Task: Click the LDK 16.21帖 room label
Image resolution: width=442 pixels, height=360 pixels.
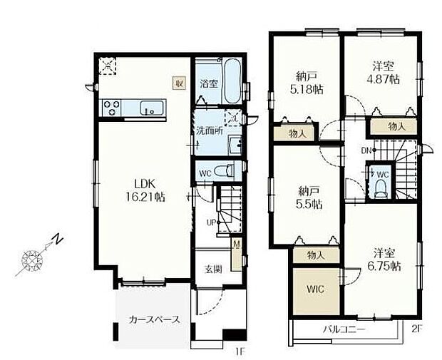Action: pos(145,190)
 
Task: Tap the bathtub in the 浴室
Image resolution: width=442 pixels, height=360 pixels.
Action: pos(232,81)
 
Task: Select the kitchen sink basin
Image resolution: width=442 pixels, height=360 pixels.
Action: pos(152,108)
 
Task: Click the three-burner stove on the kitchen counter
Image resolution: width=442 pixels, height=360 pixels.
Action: pos(111,108)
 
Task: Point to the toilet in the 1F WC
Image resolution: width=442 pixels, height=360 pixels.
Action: pos(224,171)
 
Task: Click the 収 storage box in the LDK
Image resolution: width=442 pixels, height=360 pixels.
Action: pos(179,83)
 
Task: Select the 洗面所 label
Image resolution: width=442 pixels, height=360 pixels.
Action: pos(210,131)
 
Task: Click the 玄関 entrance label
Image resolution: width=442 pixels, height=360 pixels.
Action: pos(213,269)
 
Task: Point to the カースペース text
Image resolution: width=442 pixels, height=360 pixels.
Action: pos(154,319)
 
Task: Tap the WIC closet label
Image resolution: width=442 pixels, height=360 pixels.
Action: pos(315,289)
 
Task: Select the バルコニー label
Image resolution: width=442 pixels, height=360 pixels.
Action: pos(344,329)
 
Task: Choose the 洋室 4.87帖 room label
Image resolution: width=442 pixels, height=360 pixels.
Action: pos(383,73)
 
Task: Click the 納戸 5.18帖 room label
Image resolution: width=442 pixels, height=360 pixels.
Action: pos(307,83)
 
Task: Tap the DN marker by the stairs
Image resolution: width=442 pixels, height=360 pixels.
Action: pos(366,151)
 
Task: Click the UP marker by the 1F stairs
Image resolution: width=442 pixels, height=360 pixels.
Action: pos(212,222)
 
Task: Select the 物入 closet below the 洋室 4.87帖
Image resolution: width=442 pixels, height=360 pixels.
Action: pos(394,126)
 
